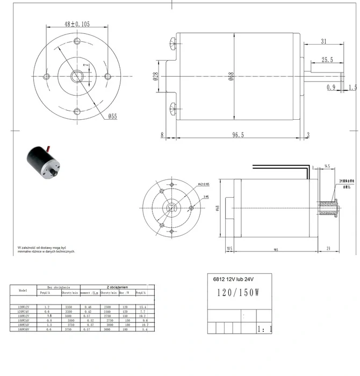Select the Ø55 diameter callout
click(x=112, y=116)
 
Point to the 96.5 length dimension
click(x=239, y=135)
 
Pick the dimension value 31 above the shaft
click(x=323, y=42)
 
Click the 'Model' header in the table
click(x=23, y=290)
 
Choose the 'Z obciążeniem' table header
click(x=117, y=287)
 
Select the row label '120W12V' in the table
click(x=23, y=307)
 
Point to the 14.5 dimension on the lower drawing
click(x=327, y=167)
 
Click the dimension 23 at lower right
click(x=329, y=249)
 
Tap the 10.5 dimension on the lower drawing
click(x=229, y=249)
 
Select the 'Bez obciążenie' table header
click(x=57, y=287)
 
